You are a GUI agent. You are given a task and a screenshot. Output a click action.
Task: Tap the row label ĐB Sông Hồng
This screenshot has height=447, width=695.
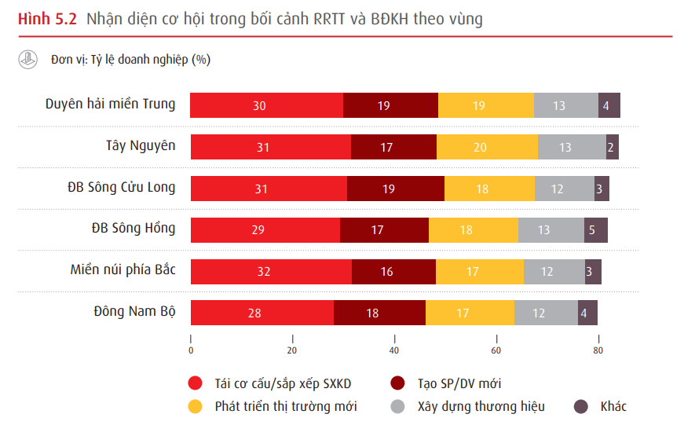(x=133, y=229)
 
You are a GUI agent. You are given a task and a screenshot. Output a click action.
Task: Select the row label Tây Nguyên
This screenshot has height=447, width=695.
(x=141, y=145)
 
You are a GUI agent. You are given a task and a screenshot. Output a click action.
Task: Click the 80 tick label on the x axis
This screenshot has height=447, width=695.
(x=598, y=350)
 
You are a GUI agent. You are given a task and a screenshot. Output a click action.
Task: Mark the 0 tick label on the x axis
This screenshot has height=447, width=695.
(x=191, y=350)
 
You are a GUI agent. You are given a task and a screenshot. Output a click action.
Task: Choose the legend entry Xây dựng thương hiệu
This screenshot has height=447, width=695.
(x=481, y=406)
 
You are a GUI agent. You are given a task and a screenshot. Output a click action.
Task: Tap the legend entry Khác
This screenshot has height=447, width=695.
(x=613, y=406)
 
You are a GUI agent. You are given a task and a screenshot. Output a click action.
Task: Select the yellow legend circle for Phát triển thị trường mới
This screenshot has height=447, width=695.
(x=195, y=406)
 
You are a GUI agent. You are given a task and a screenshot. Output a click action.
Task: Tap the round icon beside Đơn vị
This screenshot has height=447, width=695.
(x=28, y=60)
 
